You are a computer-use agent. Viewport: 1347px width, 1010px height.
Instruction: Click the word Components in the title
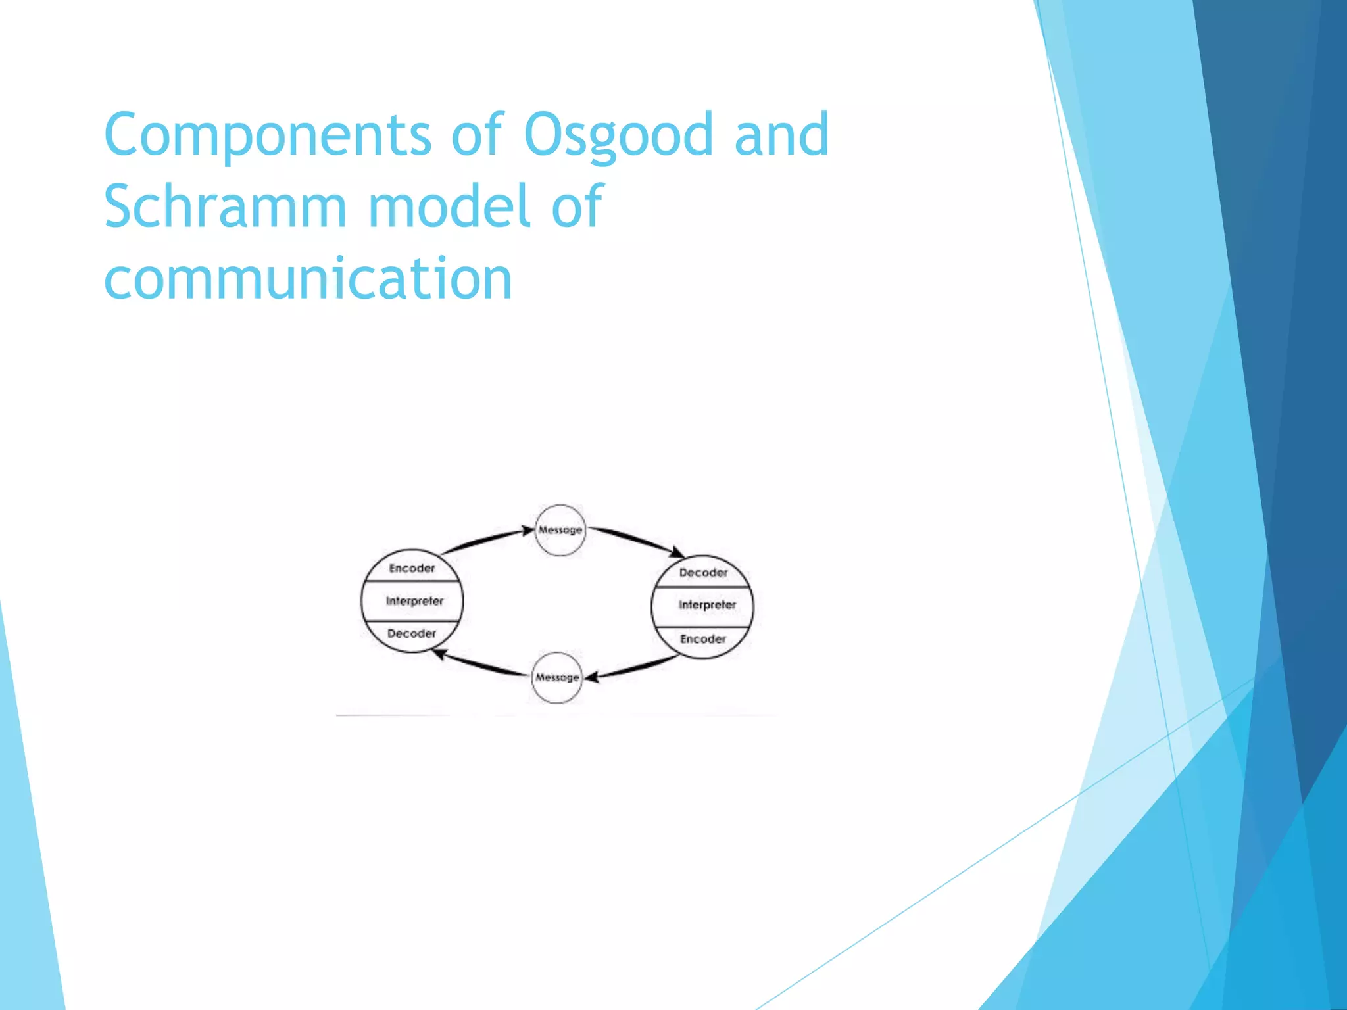pyautogui.click(x=267, y=135)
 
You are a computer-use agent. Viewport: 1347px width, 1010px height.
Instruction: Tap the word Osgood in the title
pyautogui.click(x=618, y=135)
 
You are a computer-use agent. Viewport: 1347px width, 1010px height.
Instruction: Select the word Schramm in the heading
pyautogui.click(x=225, y=206)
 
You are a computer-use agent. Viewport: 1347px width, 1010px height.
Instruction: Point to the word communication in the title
pyautogui.click(x=308, y=279)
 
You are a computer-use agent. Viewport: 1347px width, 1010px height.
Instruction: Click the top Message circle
pyautogui.click(x=560, y=530)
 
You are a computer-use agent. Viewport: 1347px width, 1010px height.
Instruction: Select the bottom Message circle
pyautogui.click(x=556, y=677)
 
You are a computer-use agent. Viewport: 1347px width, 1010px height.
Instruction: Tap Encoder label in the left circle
pyautogui.click(x=412, y=568)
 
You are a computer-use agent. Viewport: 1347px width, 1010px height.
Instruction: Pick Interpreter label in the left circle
pyautogui.click(x=414, y=601)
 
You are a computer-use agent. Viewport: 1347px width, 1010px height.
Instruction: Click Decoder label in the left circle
pyautogui.click(x=412, y=633)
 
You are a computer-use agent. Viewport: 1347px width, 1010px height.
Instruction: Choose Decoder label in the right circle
pyautogui.click(x=703, y=573)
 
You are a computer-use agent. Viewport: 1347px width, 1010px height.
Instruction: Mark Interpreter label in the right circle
pyautogui.click(x=707, y=605)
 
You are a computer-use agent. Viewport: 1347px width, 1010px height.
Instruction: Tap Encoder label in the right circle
pyautogui.click(x=703, y=639)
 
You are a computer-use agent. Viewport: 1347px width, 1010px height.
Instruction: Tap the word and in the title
pyautogui.click(x=781, y=135)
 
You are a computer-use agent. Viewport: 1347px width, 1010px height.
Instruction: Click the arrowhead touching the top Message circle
pyautogui.click(x=527, y=530)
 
